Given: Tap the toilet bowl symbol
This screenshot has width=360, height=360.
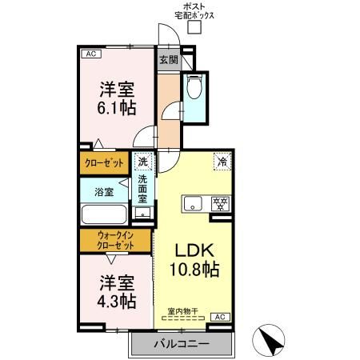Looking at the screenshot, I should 194,88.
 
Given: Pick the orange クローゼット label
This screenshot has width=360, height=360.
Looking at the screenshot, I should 106,163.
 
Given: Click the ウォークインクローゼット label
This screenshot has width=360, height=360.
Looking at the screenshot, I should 115,240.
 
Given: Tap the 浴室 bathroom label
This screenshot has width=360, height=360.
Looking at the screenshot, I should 104,192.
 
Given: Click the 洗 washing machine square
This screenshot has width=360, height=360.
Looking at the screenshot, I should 142,162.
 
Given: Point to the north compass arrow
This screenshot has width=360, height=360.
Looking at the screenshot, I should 273,342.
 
